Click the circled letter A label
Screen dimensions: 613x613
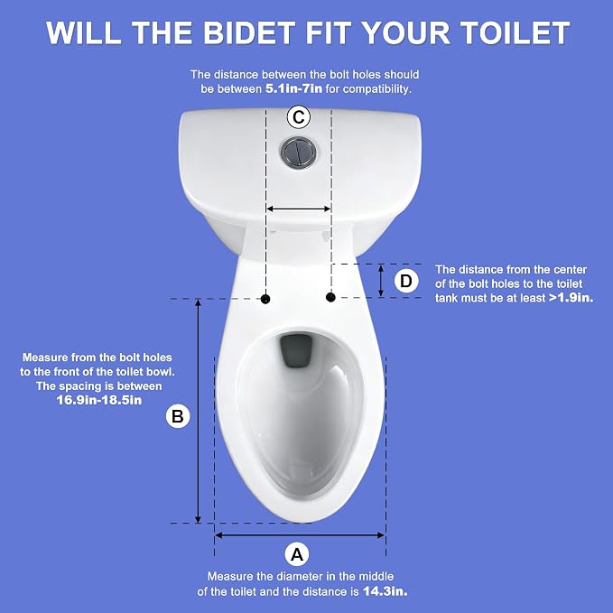coord(297,554)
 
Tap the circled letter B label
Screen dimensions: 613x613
coord(178,415)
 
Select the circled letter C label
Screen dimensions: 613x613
coord(299,116)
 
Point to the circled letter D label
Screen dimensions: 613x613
coord(406,281)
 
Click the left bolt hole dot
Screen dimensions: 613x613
coord(265,299)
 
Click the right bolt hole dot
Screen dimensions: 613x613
coord(330,298)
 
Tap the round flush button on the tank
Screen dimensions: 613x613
coord(298,153)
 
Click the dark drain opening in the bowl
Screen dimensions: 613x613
coord(297,350)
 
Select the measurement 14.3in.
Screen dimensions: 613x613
coord(385,591)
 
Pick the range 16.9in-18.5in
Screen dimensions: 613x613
coord(99,400)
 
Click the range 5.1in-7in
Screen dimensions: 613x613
coord(293,88)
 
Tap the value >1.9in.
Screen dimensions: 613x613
coord(571,298)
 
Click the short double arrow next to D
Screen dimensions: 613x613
coord(381,280)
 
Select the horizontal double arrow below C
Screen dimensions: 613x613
coord(298,209)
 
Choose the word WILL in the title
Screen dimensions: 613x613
coord(83,33)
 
